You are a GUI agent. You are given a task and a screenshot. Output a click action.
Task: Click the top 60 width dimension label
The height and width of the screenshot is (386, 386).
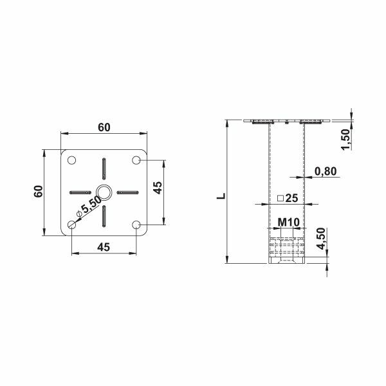pos(103,127)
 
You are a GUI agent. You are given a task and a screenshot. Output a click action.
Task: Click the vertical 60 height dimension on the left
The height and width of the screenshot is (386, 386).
pos(38,191)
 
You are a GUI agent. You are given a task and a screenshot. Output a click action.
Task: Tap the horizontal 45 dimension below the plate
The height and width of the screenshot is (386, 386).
pos(103,246)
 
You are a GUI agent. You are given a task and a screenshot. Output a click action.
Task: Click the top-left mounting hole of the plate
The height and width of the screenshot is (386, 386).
pos(71,160)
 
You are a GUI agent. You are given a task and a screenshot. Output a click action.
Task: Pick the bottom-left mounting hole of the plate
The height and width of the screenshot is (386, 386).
pos(71,225)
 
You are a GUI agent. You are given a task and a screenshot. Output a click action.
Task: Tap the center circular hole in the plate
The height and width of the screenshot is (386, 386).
pos(103,191)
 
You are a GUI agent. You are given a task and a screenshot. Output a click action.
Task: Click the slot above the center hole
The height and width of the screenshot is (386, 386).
pos(103,169)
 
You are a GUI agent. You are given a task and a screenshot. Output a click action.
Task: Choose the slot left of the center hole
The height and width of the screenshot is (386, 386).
pos(80,191)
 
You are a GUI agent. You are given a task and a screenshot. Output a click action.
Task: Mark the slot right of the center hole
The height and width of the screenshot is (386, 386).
pos(127,191)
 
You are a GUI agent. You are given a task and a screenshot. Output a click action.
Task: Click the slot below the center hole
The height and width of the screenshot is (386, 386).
pos(103,216)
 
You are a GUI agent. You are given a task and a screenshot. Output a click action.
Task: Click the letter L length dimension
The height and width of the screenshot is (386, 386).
pos(221,192)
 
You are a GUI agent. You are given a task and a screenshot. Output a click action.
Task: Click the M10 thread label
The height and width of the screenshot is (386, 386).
pos(286,223)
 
